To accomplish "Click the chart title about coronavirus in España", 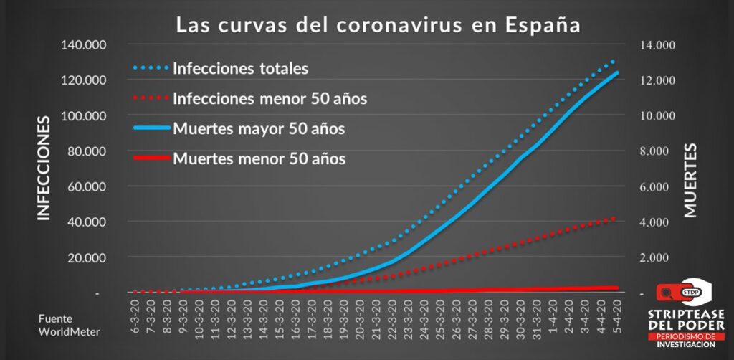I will [x=378, y=25].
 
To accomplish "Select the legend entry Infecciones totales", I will [x=240, y=69].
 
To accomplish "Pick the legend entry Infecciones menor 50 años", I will [x=270, y=98].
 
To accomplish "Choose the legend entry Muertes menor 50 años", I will [x=259, y=158].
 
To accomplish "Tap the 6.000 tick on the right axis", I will [x=659, y=187].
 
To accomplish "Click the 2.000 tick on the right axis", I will [x=659, y=257].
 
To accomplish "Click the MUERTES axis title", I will [x=690, y=179].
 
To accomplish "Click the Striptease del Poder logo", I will [x=685, y=313].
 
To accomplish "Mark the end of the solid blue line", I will [x=616, y=72].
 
